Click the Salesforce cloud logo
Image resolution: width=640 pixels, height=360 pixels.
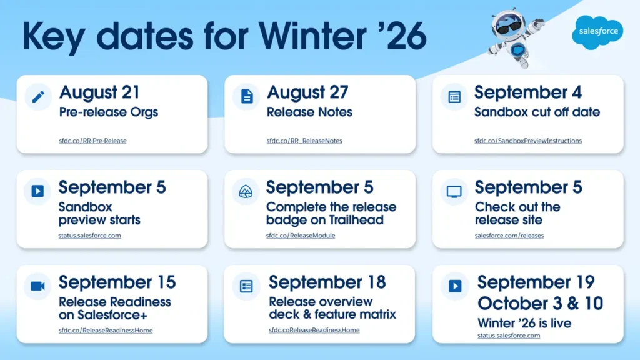(597, 32)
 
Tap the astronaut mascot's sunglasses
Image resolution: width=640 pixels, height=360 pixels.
(509, 27)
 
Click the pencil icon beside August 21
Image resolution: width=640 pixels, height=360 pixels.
(38, 97)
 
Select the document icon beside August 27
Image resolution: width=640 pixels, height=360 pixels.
(246, 97)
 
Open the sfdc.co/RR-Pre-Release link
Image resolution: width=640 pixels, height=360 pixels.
(92, 141)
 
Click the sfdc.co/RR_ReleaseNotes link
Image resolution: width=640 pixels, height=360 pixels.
(304, 141)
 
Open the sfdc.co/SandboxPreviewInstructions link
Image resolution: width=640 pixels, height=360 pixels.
(527, 141)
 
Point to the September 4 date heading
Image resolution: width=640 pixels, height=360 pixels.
(527, 92)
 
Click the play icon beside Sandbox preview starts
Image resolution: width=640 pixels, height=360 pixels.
(37, 191)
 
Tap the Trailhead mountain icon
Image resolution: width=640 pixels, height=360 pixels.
(246, 191)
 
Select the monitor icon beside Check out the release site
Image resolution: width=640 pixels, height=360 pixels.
(454, 191)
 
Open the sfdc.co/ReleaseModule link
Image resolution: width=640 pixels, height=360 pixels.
(301, 236)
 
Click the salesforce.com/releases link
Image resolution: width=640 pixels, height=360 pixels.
(509, 236)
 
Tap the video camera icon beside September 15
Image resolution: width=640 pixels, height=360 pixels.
(37, 286)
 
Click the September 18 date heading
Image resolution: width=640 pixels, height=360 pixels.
(327, 282)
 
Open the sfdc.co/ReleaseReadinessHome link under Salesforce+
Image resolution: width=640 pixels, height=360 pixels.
(105, 331)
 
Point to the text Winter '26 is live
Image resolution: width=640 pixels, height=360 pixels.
(524, 323)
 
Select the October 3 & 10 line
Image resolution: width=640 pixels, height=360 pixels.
(540, 303)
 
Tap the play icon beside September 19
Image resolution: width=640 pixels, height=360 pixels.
(455, 286)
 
